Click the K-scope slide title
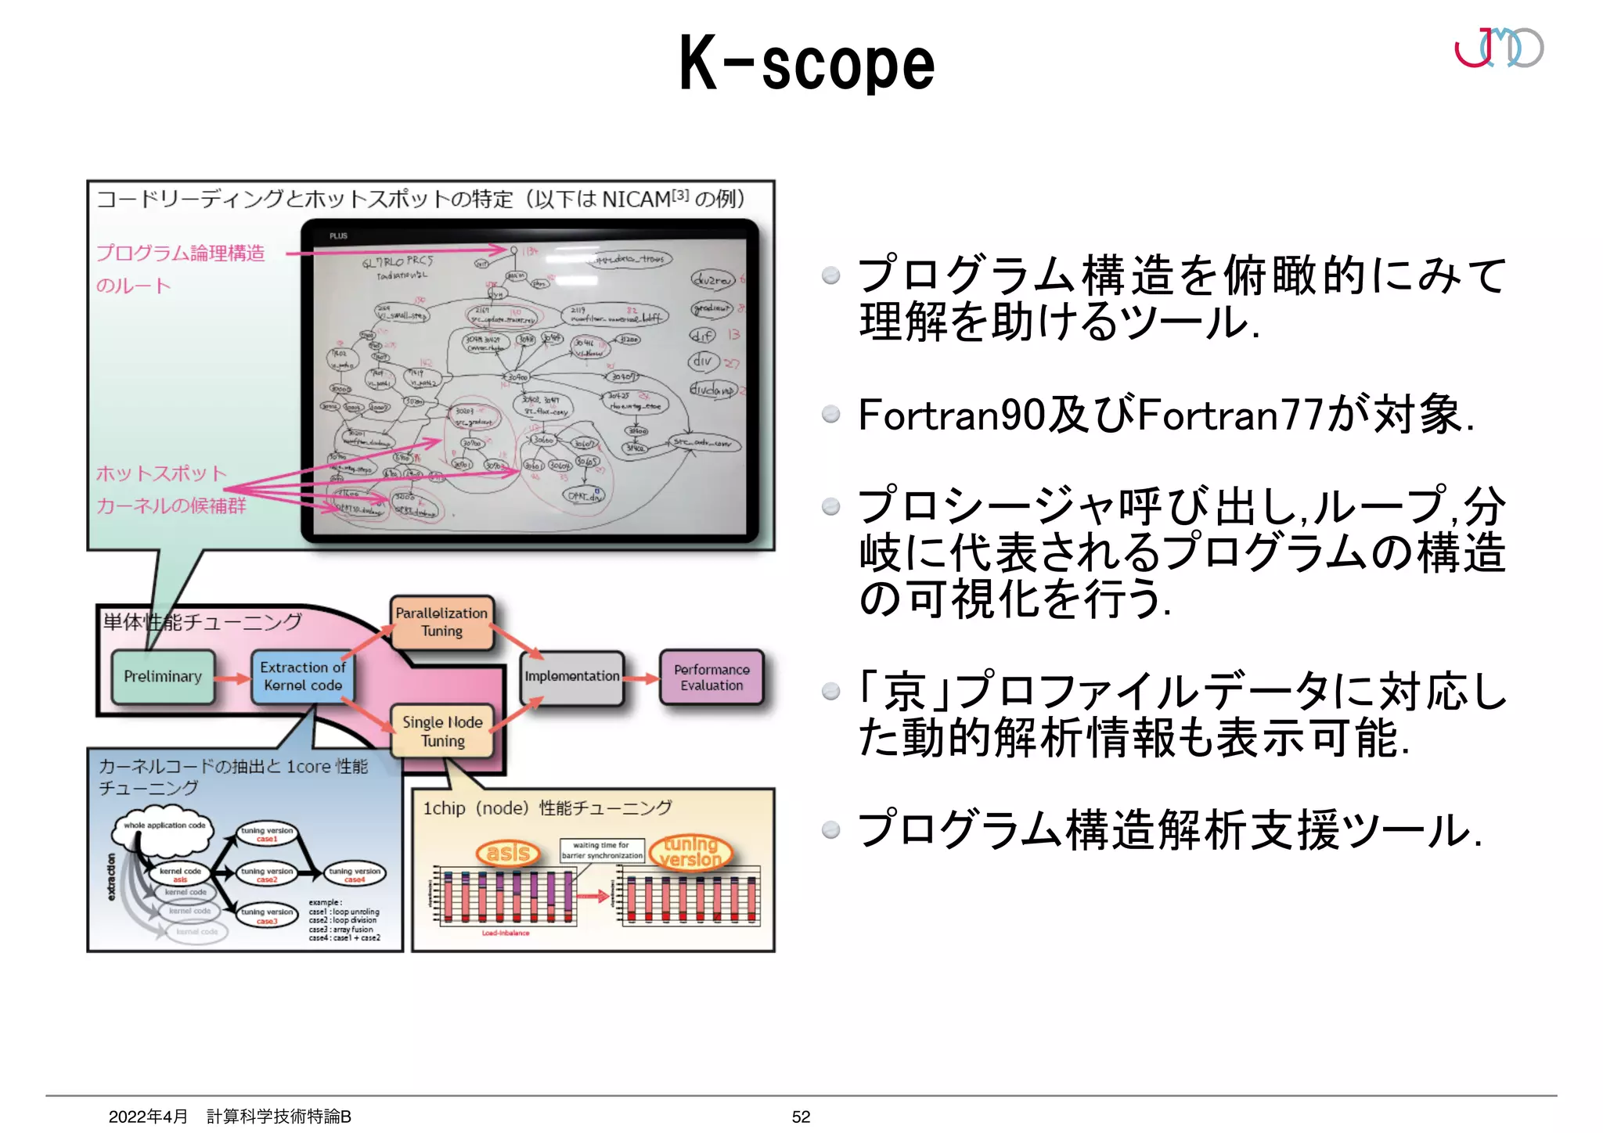(x=806, y=64)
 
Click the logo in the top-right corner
(x=1498, y=48)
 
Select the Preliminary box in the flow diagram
(x=163, y=677)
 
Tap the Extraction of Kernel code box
(x=303, y=677)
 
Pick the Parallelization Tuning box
(x=442, y=623)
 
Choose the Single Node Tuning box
(x=442, y=732)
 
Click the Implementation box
(x=572, y=677)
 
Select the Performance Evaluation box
(x=711, y=678)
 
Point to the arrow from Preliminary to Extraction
(x=232, y=678)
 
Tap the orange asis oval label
(x=509, y=853)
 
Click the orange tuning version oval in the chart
(x=690, y=852)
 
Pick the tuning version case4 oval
(x=355, y=874)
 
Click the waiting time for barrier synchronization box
(x=602, y=851)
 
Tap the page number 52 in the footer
(x=801, y=1117)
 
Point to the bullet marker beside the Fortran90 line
(x=831, y=414)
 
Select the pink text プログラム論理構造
(x=181, y=254)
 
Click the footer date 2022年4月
(x=148, y=1117)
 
